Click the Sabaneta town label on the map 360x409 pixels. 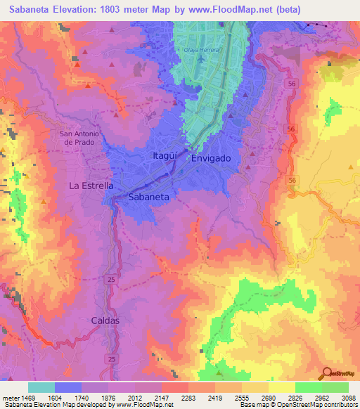[x=148, y=197]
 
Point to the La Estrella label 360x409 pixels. [x=91, y=186]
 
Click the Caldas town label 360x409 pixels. [x=105, y=320]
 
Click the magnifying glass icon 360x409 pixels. [x=326, y=375]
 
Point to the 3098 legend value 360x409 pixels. [x=348, y=396]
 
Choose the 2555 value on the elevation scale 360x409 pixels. [x=241, y=396]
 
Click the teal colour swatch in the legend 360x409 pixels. [x=41, y=387]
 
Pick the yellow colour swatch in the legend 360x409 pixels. [x=282, y=387]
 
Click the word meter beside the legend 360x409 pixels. [x=9, y=396]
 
